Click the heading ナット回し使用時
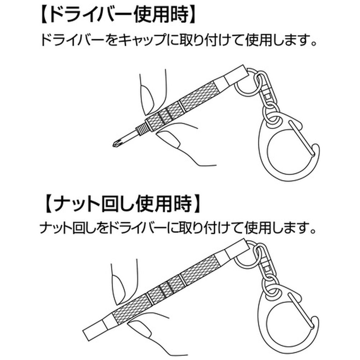point(122,204)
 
